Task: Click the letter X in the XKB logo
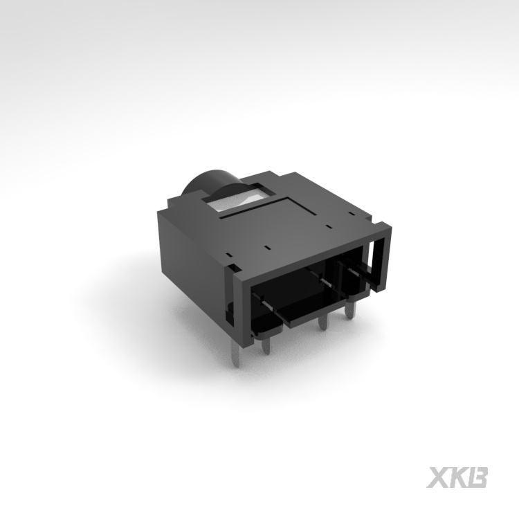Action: [437, 477]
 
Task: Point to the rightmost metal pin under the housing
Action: [349, 311]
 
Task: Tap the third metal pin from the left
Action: [322, 322]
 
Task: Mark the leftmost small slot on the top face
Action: [228, 255]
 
